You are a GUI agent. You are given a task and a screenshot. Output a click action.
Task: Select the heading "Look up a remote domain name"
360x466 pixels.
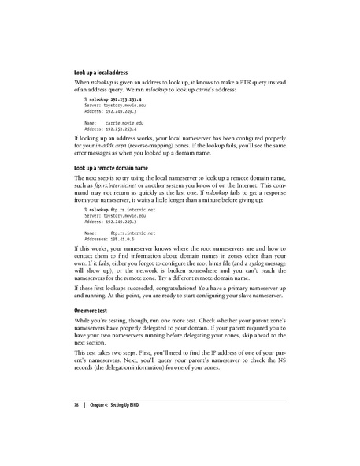pyautogui.click(x=116, y=170)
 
